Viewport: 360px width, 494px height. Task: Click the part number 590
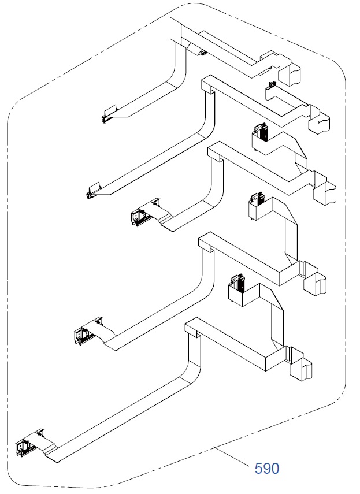[267, 468]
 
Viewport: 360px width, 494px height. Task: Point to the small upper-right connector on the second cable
[270, 88]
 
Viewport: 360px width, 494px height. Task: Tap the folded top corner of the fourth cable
[206, 242]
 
